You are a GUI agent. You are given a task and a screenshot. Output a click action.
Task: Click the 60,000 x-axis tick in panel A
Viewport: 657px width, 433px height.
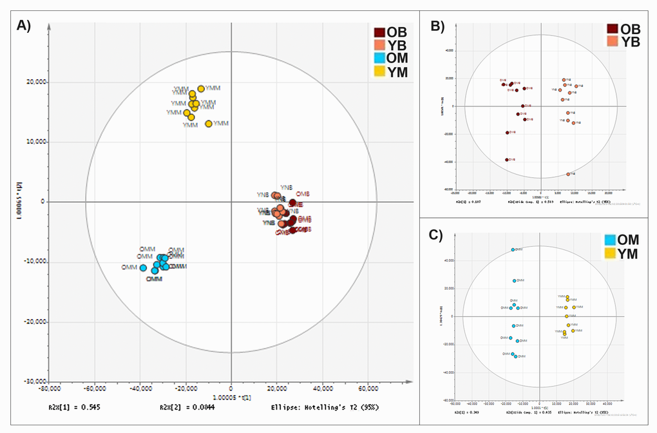pos(369,389)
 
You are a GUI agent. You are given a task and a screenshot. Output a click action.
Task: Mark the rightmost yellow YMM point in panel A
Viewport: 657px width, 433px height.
pos(209,124)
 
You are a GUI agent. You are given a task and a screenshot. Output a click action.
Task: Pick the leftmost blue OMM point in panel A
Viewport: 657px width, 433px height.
pos(126,267)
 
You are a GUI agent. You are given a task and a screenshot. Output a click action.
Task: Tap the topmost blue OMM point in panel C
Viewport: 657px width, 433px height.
pos(513,249)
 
